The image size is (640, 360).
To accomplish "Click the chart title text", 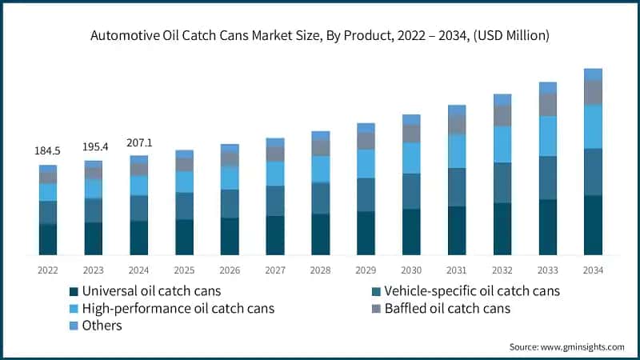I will pos(320,35).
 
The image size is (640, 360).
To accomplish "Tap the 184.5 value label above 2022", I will pos(47,150).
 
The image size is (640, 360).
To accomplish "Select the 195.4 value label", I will pos(93,146).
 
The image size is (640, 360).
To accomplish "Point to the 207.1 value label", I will pos(138,142).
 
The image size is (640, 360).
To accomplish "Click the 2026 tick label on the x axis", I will pos(230,270).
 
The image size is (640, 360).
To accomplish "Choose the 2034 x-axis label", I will pos(593,270).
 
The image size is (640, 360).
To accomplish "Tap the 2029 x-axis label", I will pos(366,270).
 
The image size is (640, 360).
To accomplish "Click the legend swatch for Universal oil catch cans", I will pos(75,291).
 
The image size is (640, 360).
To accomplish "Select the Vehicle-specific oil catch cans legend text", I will pos(472,291).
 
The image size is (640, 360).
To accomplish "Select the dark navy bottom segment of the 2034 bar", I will pos(593,225).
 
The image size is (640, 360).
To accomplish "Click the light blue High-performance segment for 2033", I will pos(547,136).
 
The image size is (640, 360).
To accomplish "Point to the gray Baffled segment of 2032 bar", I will pos(502,116).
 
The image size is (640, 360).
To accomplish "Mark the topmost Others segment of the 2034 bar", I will pos(593,74).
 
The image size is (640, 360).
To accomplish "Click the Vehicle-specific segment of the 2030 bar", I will pos(411,191).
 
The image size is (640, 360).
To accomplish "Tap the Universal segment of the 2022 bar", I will pos(47,239).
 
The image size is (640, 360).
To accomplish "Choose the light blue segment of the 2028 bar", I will pos(320,169).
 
